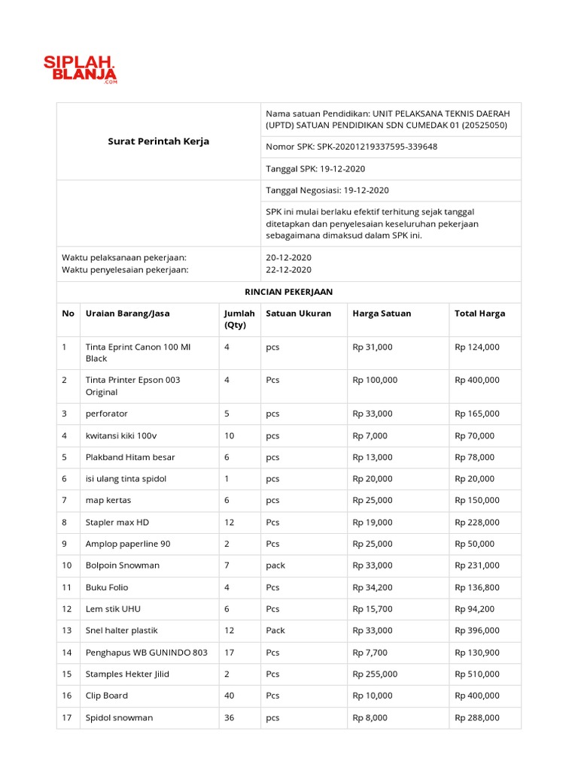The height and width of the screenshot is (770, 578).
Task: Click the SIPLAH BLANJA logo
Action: pyautogui.click(x=79, y=68)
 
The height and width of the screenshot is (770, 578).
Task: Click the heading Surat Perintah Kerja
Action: pyautogui.click(x=158, y=141)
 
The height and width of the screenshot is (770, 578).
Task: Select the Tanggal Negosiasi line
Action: pyautogui.click(x=327, y=190)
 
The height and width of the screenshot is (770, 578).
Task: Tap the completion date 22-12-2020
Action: pyautogui.click(x=288, y=270)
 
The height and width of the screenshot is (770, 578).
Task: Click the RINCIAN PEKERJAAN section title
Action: pyautogui.click(x=289, y=292)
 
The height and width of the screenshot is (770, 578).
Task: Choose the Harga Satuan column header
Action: pyautogui.click(x=382, y=314)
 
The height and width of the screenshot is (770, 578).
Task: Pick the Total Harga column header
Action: pyautogui.click(x=479, y=314)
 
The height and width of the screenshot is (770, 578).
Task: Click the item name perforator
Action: pyautogui.click(x=107, y=414)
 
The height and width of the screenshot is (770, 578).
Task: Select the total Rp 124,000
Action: pyautogui.click(x=476, y=347)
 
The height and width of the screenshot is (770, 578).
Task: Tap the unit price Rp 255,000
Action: pyautogui.click(x=375, y=674)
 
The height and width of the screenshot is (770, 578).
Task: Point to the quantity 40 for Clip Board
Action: pyautogui.click(x=229, y=696)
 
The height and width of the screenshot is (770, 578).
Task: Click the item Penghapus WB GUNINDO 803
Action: pyautogui.click(x=147, y=652)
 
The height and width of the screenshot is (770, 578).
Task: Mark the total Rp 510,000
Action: pyautogui.click(x=476, y=674)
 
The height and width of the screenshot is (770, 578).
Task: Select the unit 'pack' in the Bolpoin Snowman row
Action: pyautogui.click(x=275, y=565)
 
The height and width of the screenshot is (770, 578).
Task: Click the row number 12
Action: pyautogui.click(x=67, y=609)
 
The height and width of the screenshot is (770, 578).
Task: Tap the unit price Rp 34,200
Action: pyautogui.click(x=373, y=587)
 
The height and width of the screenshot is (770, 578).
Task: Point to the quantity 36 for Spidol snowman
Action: pyautogui.click(x=229, y=717)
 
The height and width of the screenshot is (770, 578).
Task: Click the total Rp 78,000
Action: pyautogui.click(x=474, y=457)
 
